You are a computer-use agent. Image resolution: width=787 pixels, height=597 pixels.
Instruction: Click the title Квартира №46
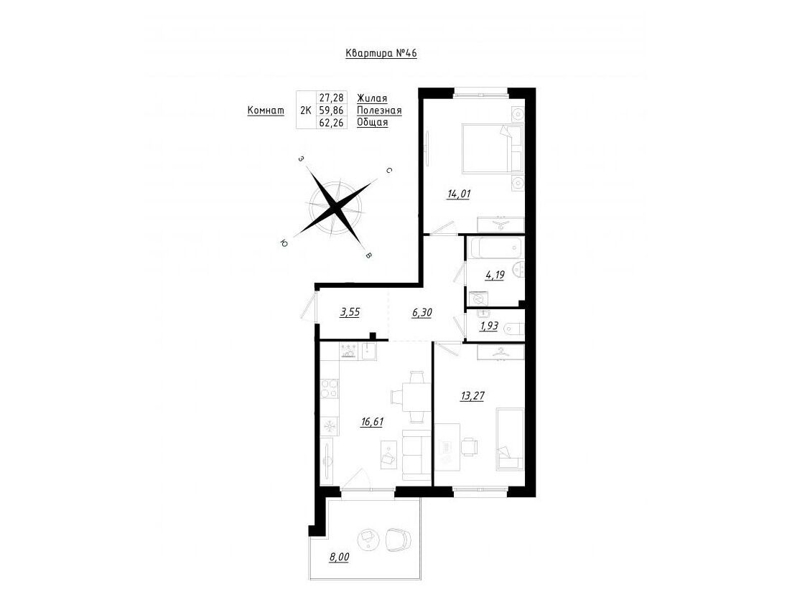pos(381,53)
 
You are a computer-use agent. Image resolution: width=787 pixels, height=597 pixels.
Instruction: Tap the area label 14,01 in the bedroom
pos(459,194)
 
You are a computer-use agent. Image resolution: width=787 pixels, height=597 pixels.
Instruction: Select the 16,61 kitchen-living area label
pos(372,422)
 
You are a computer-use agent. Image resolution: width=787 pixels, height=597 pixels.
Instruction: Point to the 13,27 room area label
pos(472,396)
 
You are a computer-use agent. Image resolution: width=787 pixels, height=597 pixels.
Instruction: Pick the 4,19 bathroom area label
pos(495,275)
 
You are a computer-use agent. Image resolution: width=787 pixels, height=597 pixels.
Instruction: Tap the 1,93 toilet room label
pos(489,326)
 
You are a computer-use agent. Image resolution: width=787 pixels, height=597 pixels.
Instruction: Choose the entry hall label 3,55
pos(350,312)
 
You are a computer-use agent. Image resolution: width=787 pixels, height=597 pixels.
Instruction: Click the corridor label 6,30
pos(422,312)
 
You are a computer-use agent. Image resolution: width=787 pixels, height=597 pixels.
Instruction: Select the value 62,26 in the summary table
pos(331,122)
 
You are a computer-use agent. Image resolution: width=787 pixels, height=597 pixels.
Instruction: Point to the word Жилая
pos(372,98)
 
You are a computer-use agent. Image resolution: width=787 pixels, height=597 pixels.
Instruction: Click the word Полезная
pos(379,111)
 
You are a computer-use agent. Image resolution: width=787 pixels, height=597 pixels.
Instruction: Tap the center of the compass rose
pos(335,206)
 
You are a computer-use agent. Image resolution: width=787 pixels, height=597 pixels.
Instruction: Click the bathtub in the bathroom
pos(495,248)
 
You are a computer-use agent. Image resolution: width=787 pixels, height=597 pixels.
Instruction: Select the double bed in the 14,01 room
pos(493,147)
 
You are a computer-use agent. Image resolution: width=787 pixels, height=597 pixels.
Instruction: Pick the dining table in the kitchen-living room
pos(416,397)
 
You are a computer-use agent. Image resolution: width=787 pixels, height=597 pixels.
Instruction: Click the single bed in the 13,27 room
pos(510,439)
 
